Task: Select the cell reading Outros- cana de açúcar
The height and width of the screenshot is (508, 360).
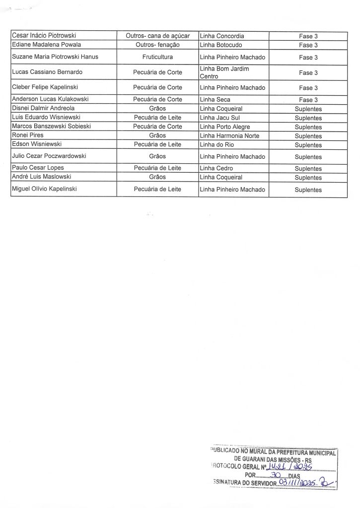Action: point(157,36)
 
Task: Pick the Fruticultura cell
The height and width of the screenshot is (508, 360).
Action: point(157,57)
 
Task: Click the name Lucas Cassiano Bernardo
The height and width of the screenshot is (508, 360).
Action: point(47,72)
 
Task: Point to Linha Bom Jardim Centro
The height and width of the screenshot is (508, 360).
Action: point(224,72)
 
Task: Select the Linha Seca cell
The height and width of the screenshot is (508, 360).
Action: point(215,100)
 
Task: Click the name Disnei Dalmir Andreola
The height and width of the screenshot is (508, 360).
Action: point(43,108)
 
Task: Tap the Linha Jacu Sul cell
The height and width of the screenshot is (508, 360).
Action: point(219,118)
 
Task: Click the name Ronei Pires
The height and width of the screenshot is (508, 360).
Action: point(28,135)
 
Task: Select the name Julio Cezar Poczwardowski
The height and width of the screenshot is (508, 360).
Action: point(49,156)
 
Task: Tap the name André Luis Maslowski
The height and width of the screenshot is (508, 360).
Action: point(42,177)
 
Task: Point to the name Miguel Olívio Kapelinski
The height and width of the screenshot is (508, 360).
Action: point(44,189)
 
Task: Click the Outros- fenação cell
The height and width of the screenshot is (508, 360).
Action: point(157,45)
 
